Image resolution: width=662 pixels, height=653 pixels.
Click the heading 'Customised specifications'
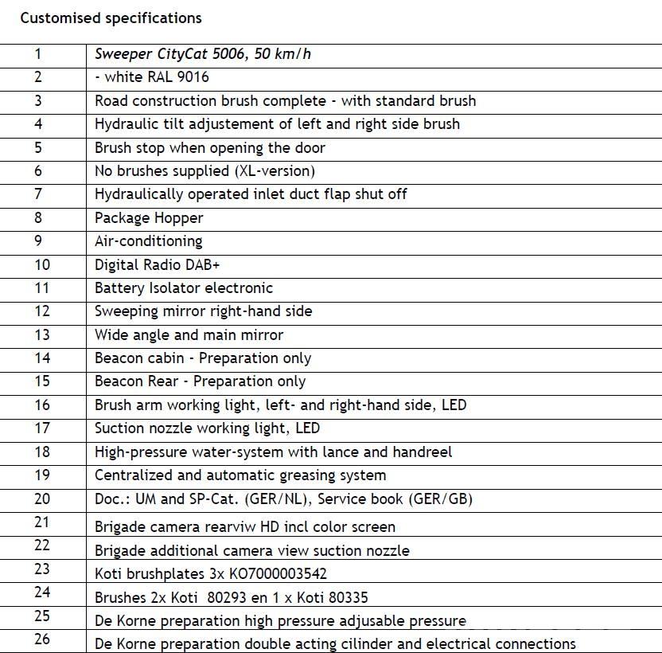[111, 18]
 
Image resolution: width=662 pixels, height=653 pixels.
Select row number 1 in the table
[37, 54]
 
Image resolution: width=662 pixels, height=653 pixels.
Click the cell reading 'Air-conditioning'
[148, 241]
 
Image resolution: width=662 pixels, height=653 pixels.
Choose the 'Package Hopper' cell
[149, 217]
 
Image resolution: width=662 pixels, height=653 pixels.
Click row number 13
[41, 334]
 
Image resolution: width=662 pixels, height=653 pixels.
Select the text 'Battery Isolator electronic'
[183, 287]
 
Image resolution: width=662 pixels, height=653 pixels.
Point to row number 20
[41, 499]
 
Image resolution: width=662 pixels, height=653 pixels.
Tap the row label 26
[41, 639]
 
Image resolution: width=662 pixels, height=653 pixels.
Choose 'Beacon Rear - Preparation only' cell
[200, 381]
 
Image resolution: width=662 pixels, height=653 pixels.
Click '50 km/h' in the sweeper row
[281, 54]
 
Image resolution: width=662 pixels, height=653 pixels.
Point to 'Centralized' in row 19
[133, 475]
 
